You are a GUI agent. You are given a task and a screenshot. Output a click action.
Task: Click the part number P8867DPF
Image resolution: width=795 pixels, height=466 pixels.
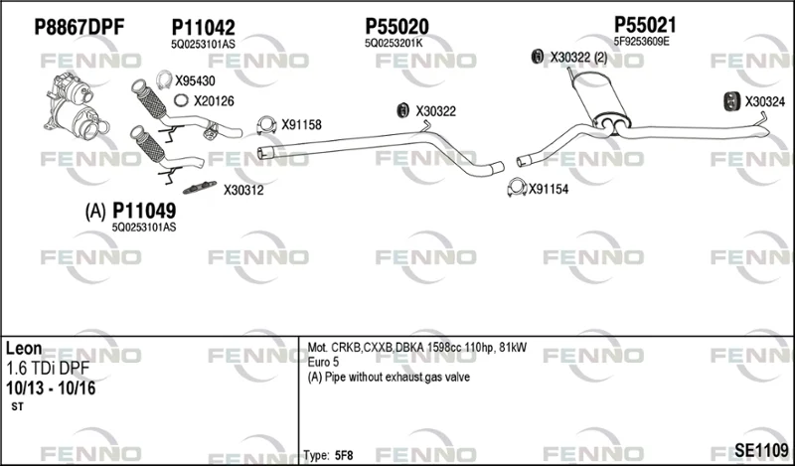point(79,28)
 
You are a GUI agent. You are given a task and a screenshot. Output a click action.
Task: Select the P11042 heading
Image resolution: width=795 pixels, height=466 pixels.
point(203,28)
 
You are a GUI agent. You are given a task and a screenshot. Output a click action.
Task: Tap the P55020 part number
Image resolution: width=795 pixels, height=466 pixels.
point(397,27)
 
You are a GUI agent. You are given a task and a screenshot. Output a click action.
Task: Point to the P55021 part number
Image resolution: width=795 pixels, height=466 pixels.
point(645,24)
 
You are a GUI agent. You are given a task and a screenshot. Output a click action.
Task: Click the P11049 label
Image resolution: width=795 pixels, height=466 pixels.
point(144,211)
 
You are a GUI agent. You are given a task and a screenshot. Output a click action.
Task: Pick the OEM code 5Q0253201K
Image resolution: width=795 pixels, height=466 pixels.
point(394,43)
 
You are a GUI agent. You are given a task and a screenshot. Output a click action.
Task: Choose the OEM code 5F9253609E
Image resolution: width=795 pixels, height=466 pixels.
point(641,42)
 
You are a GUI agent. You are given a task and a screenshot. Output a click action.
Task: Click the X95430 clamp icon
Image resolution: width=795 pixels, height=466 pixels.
point(164,80)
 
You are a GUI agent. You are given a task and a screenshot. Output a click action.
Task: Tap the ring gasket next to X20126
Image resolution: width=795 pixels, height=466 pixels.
point(181,100)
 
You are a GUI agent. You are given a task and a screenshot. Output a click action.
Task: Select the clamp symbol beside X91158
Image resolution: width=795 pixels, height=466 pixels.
point(266,125)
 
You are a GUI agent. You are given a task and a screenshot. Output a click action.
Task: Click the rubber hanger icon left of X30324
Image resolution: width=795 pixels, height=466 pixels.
point(731,101)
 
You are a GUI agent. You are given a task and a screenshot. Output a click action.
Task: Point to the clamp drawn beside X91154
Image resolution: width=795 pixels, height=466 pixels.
point(517,188)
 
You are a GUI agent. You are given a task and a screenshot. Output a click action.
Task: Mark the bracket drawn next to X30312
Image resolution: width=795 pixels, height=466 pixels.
point(200,187)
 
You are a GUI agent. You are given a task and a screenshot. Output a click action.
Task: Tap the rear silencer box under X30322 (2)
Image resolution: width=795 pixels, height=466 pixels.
point(599,100)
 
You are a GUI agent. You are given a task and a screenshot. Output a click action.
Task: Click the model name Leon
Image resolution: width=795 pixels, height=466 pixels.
point(24,349)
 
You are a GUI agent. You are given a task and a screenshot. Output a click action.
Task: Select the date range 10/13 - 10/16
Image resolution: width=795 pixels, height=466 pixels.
point(51,388)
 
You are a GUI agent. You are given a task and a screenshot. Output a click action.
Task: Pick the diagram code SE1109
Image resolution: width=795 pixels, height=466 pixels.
point(761,449)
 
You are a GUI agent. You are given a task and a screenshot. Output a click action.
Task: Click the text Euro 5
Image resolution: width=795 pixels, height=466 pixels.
point(323,362)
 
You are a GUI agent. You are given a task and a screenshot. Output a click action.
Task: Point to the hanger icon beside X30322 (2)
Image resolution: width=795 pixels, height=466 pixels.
point(537,57)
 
